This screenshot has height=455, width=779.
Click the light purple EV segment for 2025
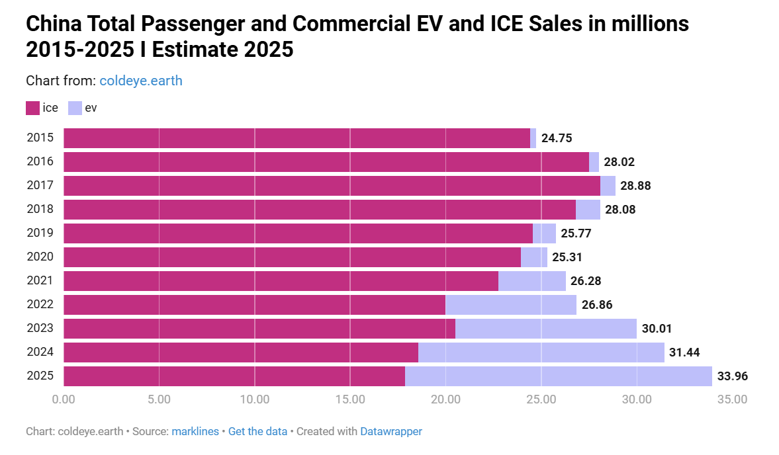[558, 376]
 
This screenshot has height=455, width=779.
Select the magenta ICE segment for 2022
[254, 305]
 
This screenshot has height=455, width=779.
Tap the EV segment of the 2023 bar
[545, 329]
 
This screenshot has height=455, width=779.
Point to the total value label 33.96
[732, 377]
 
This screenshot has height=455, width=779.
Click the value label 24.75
[556, 138]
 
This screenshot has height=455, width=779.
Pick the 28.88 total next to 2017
[635, 186]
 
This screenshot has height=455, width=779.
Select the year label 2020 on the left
[40, 257]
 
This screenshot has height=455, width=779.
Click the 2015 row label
[40, 138]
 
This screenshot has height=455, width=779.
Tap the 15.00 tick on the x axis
[350, 399]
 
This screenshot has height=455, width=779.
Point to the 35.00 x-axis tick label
[732, 399]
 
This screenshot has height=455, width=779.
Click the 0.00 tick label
[64, 399]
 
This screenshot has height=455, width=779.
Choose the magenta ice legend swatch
[32, 108]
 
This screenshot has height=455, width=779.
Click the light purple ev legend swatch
[75, 108]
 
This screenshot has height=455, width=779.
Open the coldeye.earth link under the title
[141, 81]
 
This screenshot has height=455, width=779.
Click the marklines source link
[195, 431]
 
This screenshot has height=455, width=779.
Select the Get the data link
[257, 431]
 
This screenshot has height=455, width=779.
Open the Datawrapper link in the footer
[390, 431]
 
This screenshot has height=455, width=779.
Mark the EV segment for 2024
[541, 352]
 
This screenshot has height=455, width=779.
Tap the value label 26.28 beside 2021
[586, 281]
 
